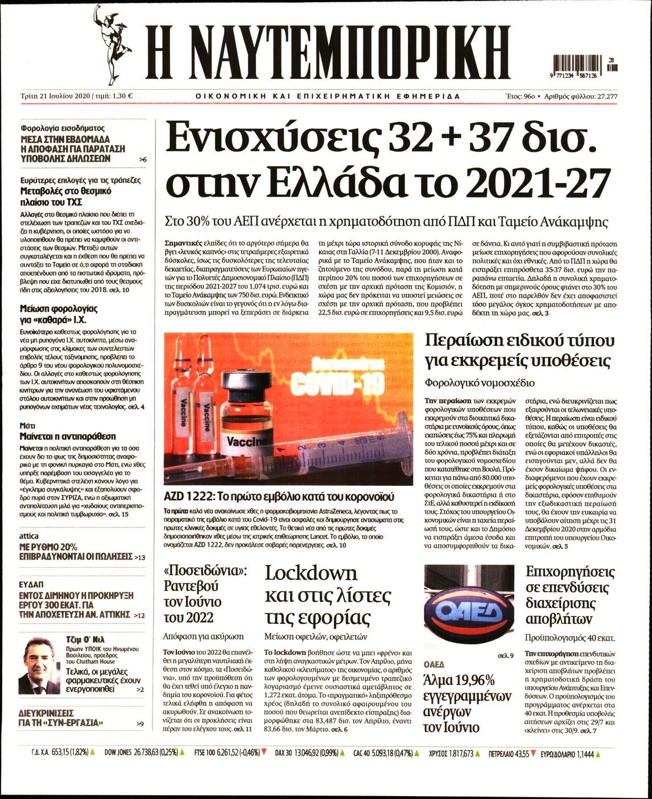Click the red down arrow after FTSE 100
pos(265,754)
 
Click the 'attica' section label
pos(29,536)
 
